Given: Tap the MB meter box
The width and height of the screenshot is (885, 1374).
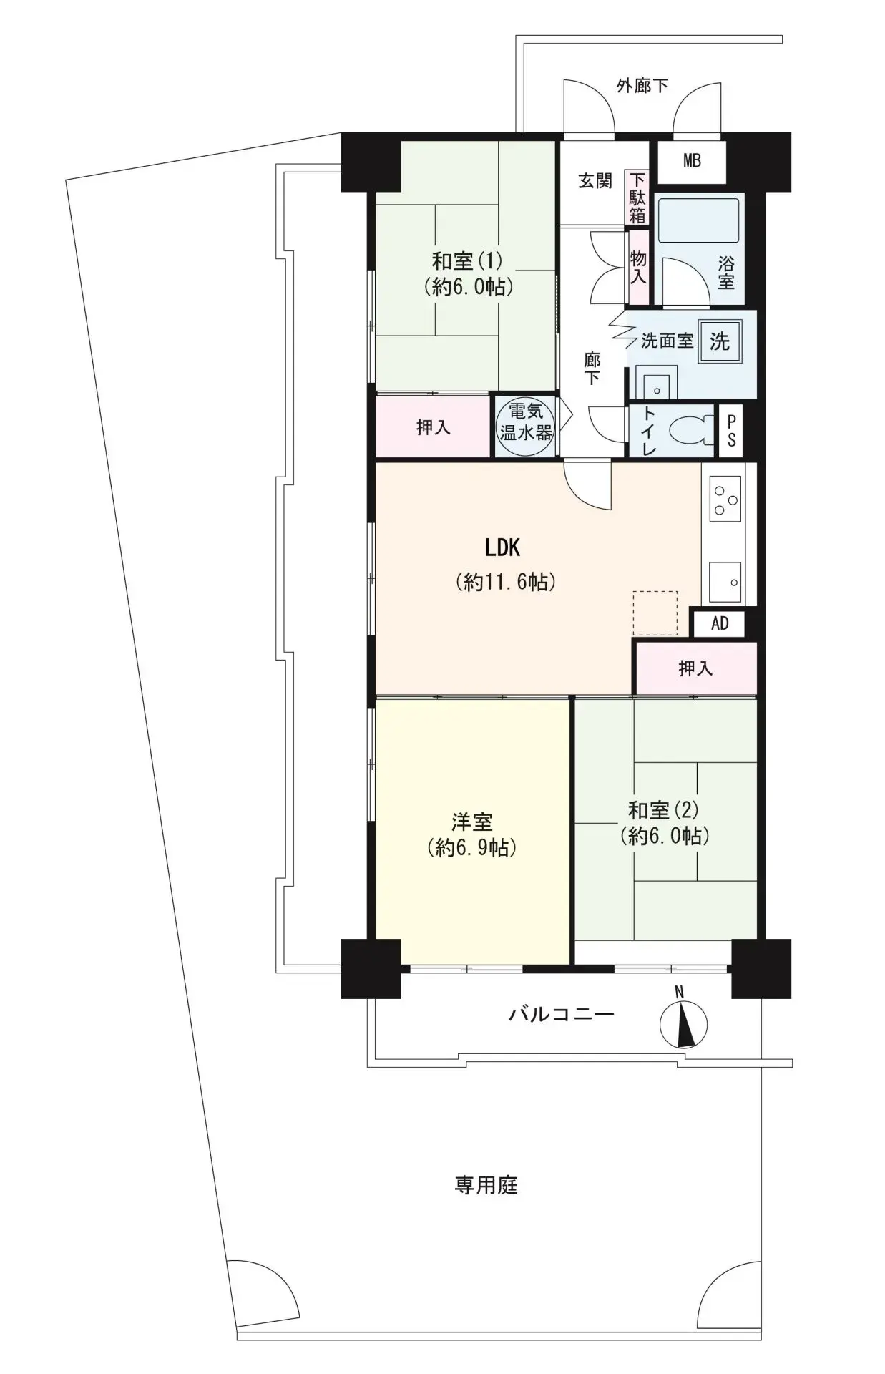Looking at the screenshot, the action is tap(692, 162).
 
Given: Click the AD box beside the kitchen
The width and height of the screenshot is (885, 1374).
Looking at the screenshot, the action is tap(719, 623).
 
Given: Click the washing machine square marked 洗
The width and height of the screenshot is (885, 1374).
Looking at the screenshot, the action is tap(719, 341).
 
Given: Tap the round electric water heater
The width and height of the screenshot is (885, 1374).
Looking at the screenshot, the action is tap(526, 427).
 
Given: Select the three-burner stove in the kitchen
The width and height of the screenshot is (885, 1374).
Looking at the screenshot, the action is tap(724, 498).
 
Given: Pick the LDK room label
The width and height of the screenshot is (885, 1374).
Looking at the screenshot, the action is tap(502, 548).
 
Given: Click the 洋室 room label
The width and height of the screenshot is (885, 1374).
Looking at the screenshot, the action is tap(472, 822).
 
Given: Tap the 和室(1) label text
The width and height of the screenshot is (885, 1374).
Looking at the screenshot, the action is tap(467, 260).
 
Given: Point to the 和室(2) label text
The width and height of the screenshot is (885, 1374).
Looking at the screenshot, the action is tap(662, 810).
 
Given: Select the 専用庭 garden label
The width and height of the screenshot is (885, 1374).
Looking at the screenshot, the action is tap(486, 1186).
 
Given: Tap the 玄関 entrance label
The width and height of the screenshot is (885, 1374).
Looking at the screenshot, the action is tap(595, 181).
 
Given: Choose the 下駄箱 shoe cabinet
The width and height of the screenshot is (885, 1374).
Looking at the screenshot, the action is tap(637, 198).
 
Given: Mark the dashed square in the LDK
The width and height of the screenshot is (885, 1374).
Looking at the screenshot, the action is tap(655, 613).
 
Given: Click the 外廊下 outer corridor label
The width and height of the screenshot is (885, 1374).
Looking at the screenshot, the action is tap(643, 86).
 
